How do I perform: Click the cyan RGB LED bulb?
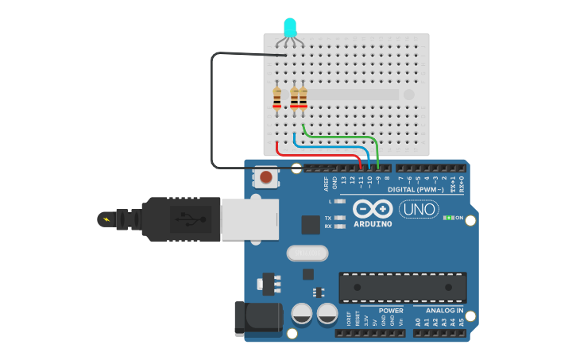tap(290, 28)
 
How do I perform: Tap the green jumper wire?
tap(342, 137)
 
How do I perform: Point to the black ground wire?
tap(212, 111)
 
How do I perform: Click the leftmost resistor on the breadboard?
tap(276, 99)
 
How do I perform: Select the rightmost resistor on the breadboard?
tap(303, 99)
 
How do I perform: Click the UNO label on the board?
tap(419, 209)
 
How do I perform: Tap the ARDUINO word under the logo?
tap(373, 224)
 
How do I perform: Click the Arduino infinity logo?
tap(373, 209)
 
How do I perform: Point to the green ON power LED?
tap(448, 217)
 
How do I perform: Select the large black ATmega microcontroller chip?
tap(403, 287)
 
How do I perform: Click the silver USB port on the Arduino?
tap(249, 219)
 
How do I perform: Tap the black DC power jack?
tap(258, 318)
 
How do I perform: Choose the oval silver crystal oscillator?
tap(307, 253)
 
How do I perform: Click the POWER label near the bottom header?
tap(391, 310)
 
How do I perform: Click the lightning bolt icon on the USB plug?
tap(106, 218)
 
